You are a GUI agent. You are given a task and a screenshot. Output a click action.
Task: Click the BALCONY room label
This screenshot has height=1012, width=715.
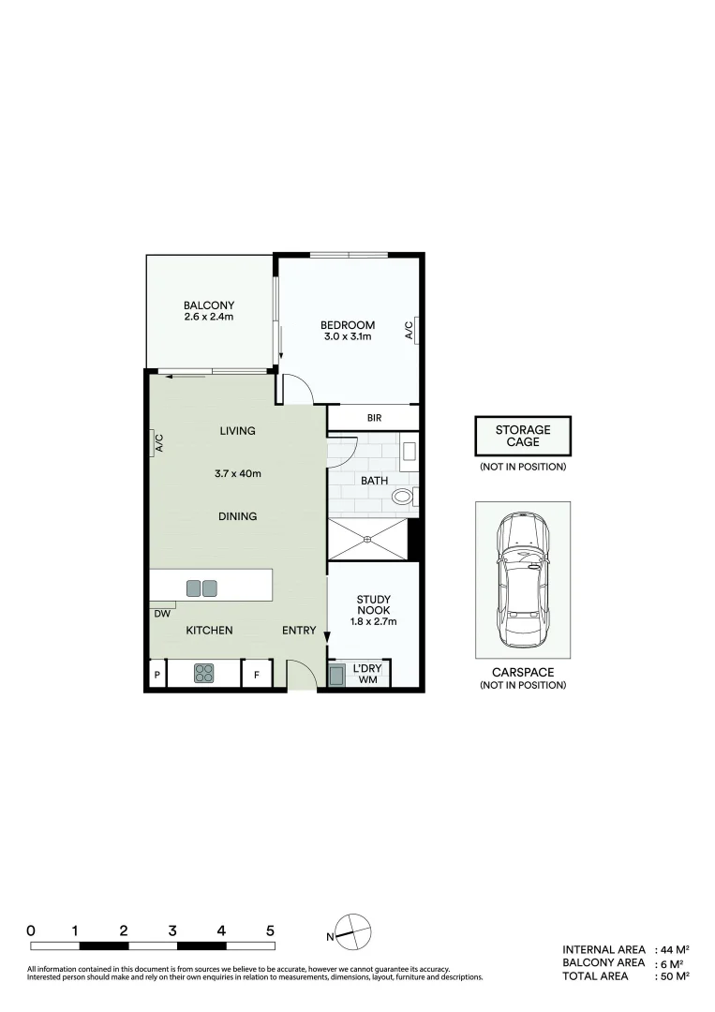pos(208,305)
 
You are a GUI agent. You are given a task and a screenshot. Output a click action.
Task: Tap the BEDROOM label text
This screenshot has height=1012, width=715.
pos(348,325)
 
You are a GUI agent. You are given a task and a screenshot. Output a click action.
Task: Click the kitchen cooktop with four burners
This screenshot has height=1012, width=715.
pos(205,673)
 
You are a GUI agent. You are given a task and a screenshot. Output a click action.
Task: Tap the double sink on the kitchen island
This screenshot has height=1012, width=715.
pos(201,588)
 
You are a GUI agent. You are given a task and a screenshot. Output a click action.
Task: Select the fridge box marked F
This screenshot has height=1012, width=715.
pos(257,675)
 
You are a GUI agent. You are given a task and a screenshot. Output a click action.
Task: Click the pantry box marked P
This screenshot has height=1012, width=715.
pos(156,675)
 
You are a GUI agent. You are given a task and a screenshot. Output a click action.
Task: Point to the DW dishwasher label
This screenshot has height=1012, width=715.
pos(161,615)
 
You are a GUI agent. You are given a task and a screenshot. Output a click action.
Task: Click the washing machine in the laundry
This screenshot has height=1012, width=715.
pos(338,675)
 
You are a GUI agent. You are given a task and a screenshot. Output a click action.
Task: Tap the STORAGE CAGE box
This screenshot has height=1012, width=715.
pos(522,436)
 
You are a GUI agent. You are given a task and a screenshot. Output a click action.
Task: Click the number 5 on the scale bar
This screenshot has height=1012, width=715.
pos(270,930)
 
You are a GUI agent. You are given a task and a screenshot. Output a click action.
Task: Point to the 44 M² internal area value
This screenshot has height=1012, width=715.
pos(675,949)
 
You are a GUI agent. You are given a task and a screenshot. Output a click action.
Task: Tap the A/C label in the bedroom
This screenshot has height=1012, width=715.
pos(409,330)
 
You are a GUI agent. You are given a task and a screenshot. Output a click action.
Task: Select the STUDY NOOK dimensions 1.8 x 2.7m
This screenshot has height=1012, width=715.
pos(373,621)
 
